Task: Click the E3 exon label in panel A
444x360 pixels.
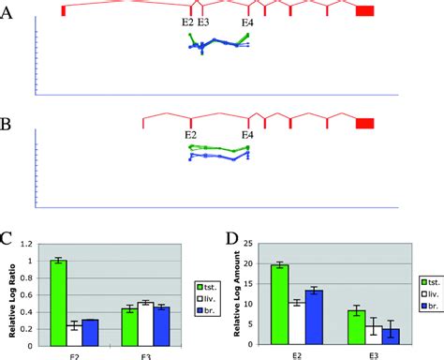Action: click(x=203, y=22)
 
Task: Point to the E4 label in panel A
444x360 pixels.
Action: click(x=247, y=22)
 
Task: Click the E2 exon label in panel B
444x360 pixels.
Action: click(x=190, y=135)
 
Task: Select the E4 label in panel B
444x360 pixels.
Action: click(x=247, y=135)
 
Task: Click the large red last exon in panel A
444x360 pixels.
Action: click(x=365, y=9)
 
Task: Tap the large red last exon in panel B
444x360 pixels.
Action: click(x=365, y=122)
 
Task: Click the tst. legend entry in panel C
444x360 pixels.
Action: click(x=208, y=284)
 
